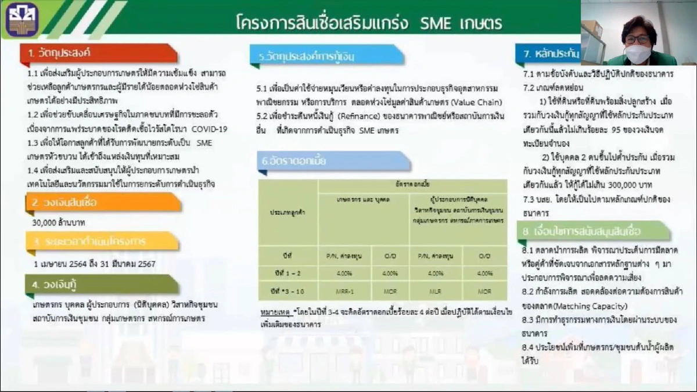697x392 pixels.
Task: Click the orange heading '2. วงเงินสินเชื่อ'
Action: pos(64,203)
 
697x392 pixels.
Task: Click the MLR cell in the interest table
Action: pos(430,290)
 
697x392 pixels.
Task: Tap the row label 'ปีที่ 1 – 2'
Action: pos(288,273)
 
